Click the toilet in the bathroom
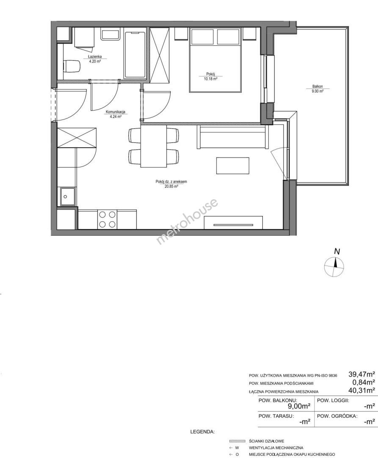click(x=72, y=66)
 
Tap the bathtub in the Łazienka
click(x=135, y=55)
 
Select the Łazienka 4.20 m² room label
click(x=95, y=59)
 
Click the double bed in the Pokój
click(x=215, y=60)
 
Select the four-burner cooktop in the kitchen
click(x=107, y=219)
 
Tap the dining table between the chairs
click(x=154, y=146)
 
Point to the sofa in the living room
click(x=232, y=137)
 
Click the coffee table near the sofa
click(x=232, y=166)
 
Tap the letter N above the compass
click(x=337, y=251)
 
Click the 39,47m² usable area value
click(x=361, y=374)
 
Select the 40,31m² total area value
click(x=361, y=390)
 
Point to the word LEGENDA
click(x=202, y=431)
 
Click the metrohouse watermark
click(x=187, y=221)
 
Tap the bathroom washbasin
click(x=111, y=34)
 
